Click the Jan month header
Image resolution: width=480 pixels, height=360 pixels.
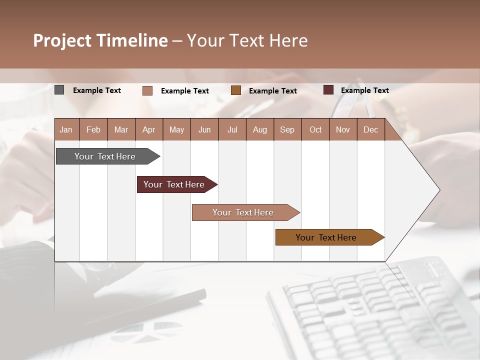[x=66, y=130]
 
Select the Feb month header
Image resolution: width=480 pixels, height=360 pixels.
[x=93, y=130]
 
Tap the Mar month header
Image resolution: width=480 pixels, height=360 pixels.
[x=121, y=130]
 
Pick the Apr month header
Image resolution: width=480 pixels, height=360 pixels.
[x=148, y=130]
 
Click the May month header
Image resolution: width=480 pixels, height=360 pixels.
[x=176, y=130]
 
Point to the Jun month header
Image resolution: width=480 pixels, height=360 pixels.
[x=204, y=130]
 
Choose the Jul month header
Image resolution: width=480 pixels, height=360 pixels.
[x=232, y=130]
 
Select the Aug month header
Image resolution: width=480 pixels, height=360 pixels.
[x=259, y=130]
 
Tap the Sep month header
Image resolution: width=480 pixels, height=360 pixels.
[x=287, y=130]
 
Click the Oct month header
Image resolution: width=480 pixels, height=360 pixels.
[x=315, y=130]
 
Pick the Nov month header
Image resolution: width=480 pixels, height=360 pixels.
[x=343, y=130]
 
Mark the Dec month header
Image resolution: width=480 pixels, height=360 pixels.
[x=370, y=130]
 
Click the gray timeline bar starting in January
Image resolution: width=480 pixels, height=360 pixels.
[x=105, y=156]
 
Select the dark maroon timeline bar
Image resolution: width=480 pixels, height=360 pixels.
[x=174, y=184]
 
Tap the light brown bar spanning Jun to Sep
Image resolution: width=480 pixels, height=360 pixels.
[x=243, y=212]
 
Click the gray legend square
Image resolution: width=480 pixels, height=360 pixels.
[x=59, y=90]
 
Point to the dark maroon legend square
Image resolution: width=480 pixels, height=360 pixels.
[x=328, y=90]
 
